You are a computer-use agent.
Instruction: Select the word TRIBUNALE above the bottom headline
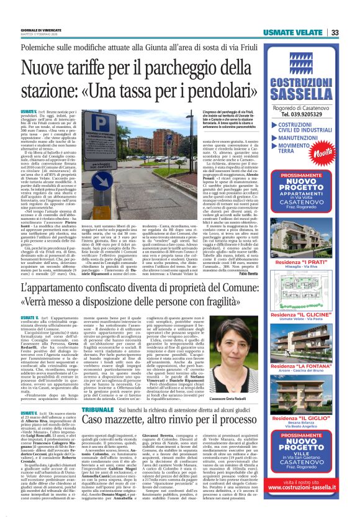[97, 394]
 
